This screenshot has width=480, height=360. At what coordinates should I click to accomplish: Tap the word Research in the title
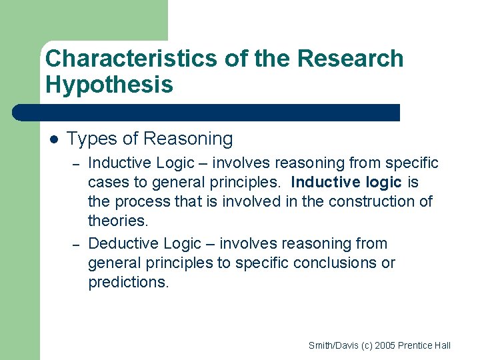350,59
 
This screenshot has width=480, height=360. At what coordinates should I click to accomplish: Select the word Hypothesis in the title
109,85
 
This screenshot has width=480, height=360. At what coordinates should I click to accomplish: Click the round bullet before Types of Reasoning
54,139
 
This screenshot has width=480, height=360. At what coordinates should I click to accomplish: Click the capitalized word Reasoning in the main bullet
188,139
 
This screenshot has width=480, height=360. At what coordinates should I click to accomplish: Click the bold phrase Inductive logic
347,182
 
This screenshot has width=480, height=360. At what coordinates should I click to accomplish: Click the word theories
117,221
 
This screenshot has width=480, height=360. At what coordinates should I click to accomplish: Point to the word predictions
128,282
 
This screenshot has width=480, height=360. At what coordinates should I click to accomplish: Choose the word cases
107,182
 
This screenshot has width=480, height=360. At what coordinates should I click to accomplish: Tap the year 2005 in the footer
386,345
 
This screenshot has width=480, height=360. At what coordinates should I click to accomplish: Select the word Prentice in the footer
417,345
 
